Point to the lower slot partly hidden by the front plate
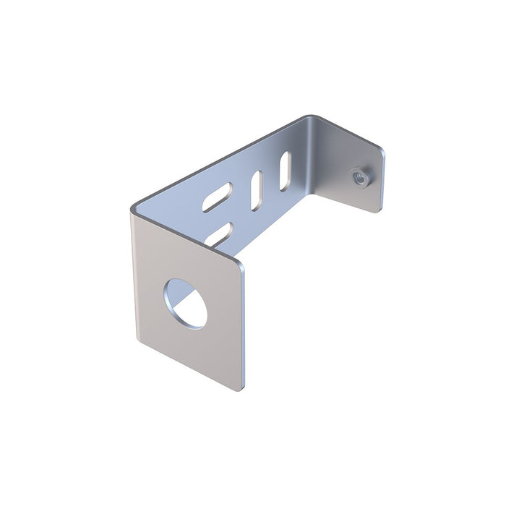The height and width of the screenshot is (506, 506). pyautogui.click(x=219, y=233)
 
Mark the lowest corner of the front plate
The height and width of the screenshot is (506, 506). pyautogui.click(x=239, y=389)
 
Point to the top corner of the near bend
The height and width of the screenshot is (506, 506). pyautogui.click(x=132, y=210)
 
